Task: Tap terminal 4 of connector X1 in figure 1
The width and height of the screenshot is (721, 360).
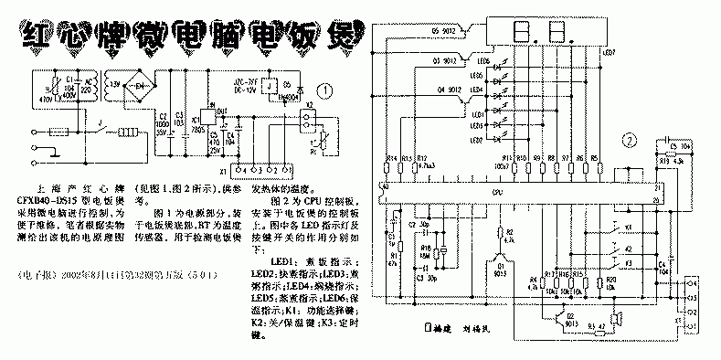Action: [239, 170]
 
